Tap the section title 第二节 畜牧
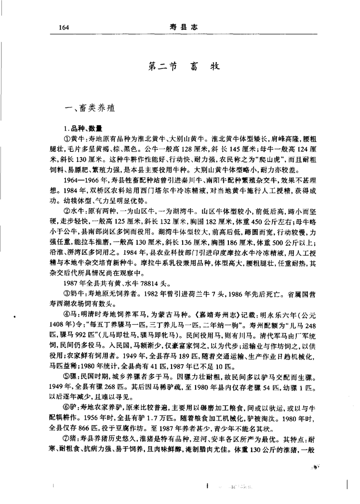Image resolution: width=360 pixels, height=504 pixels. [180, 68]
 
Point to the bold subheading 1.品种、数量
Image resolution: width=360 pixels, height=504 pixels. [82, 129]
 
